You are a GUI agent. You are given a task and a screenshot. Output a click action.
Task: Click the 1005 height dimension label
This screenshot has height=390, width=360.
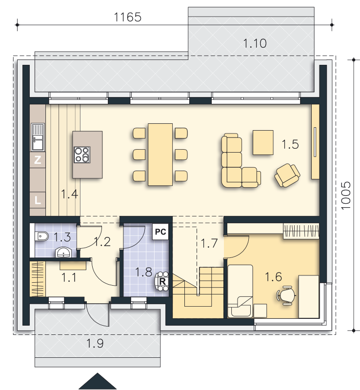(x=345, y=196)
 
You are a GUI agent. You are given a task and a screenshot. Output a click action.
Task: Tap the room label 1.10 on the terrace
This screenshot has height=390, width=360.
(x=255, y=43)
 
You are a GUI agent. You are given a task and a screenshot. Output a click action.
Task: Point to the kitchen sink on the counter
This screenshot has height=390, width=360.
(x=38, y=137)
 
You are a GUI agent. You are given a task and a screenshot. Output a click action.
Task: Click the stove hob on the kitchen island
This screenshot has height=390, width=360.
(x=81, y=155)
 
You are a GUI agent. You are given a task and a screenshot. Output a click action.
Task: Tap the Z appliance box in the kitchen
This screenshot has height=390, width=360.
(x=38, y=160)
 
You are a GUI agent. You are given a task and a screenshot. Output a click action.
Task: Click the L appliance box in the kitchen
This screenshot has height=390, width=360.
(x=38, y=199)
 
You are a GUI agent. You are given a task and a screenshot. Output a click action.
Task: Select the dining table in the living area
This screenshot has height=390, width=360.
(x=160, y=154)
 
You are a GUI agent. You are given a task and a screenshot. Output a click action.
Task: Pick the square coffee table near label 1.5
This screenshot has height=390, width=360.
(x=263, y=142)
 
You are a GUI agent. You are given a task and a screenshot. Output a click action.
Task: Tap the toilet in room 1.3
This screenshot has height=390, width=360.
(x=41, y=237)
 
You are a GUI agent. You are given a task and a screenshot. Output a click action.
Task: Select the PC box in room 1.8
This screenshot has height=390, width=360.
(x=160, y=232)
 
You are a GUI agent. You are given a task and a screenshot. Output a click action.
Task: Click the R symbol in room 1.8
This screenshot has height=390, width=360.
(x=162, y=281)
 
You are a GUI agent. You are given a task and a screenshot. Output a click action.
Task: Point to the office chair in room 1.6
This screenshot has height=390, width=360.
(x=286, y=295)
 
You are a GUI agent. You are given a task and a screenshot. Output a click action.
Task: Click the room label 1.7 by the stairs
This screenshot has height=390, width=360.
(x=208, y=243)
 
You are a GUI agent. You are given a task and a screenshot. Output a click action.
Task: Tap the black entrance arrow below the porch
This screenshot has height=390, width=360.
(x=98, y=381)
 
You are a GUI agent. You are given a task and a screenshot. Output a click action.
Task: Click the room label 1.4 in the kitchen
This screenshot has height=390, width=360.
(x=69, y=195)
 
